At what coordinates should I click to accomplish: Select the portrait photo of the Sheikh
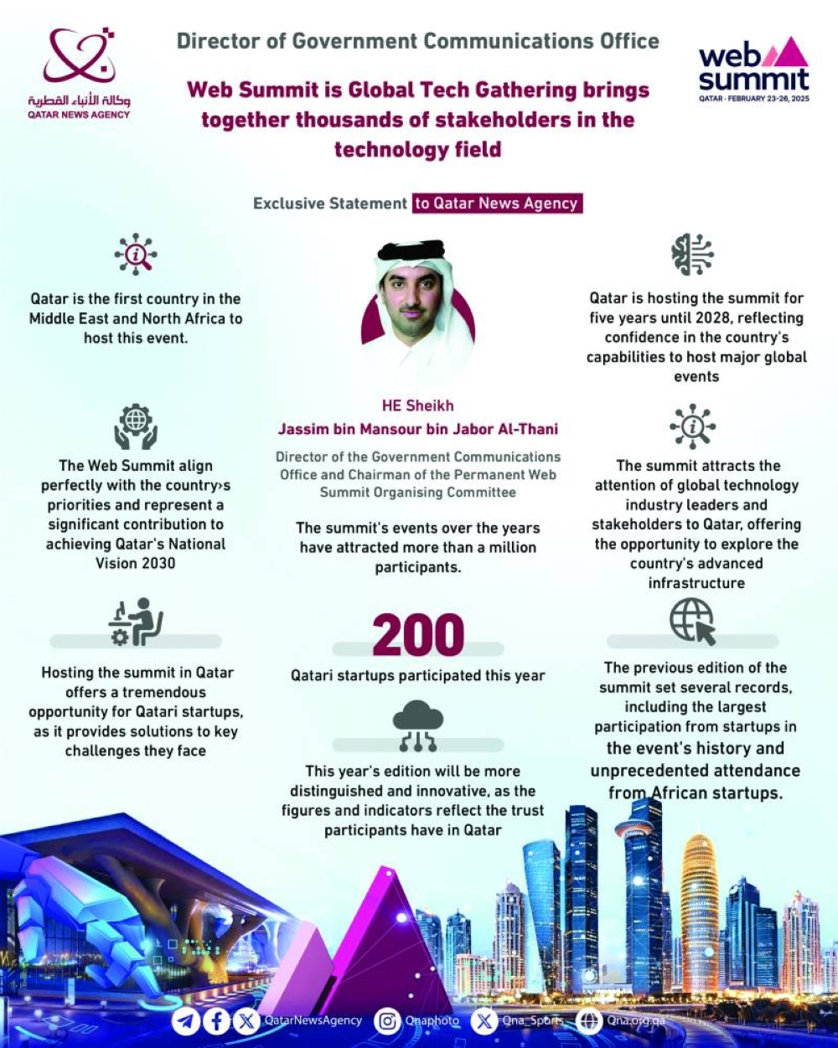coord(418,306)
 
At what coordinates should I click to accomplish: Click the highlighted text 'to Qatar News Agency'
coord(497,204)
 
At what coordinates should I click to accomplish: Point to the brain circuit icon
coord(692,255)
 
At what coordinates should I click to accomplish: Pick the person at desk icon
coord(136,621)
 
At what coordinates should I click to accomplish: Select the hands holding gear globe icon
coord(136,426)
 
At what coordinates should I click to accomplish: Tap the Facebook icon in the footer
coord(217,1021)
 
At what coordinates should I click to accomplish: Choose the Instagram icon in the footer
coord(387,1021)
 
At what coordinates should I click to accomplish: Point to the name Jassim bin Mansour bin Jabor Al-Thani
coord(418,429)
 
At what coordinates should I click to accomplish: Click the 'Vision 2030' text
coord(136,563)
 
